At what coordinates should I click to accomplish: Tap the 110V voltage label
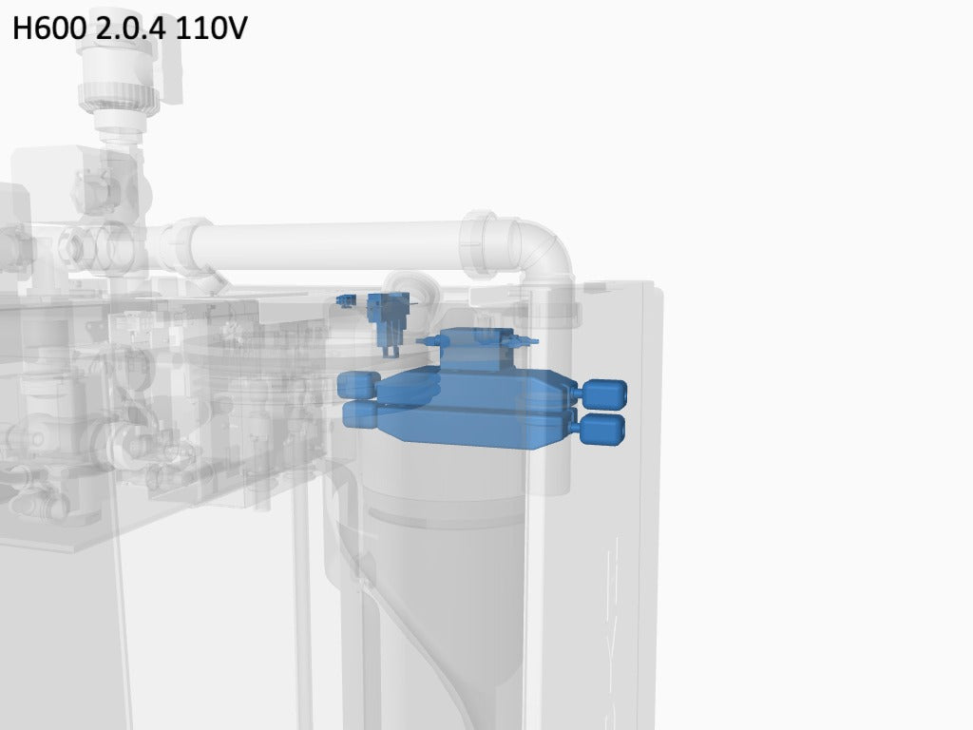click(x=211, y=28)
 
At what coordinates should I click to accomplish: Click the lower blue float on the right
click(x=601, y=430)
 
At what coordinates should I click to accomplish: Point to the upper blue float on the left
click(x=358, y=385)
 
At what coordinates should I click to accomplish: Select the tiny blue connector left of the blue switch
click(x=346, y=301)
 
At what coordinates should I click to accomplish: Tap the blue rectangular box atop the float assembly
click(x=477, y=349)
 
